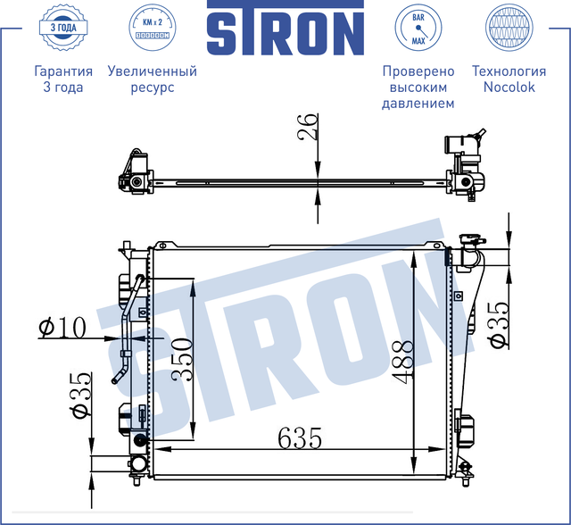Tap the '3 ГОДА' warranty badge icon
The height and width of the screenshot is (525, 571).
point(62,29)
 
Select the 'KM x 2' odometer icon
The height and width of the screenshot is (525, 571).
point(152,29)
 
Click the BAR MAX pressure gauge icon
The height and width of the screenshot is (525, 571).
point(418,29)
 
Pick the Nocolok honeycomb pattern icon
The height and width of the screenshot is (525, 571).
point(509,29)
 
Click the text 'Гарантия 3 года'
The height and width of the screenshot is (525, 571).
point(62,79)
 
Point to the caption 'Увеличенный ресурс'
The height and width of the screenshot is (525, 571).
point(152,79)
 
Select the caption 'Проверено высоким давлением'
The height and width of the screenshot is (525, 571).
point(418,87)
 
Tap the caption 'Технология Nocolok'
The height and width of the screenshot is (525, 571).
point(509,79)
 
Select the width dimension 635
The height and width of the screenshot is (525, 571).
point(300,438)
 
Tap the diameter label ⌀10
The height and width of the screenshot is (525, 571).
point(62,329)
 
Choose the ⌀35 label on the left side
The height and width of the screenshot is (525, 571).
point(80,396)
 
